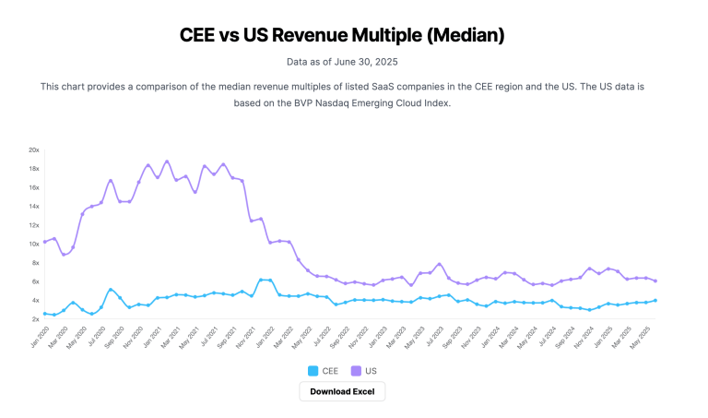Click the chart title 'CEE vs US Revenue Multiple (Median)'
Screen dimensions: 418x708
click(342, 35)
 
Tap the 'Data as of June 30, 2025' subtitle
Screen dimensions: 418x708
click(342, 62)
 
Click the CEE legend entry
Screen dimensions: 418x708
click(322, 370)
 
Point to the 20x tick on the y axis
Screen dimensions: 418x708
click(33, 149)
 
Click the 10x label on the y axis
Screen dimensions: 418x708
click(33, 244)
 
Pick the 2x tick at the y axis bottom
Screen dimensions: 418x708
click(34, 319)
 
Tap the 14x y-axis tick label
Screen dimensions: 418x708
click(33, 206)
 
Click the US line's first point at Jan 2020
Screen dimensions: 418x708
click(44, 242)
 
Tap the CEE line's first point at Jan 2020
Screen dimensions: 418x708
click(44, 314)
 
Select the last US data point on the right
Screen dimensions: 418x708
click(655, 281)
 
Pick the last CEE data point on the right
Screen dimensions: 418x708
click(655, 300)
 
